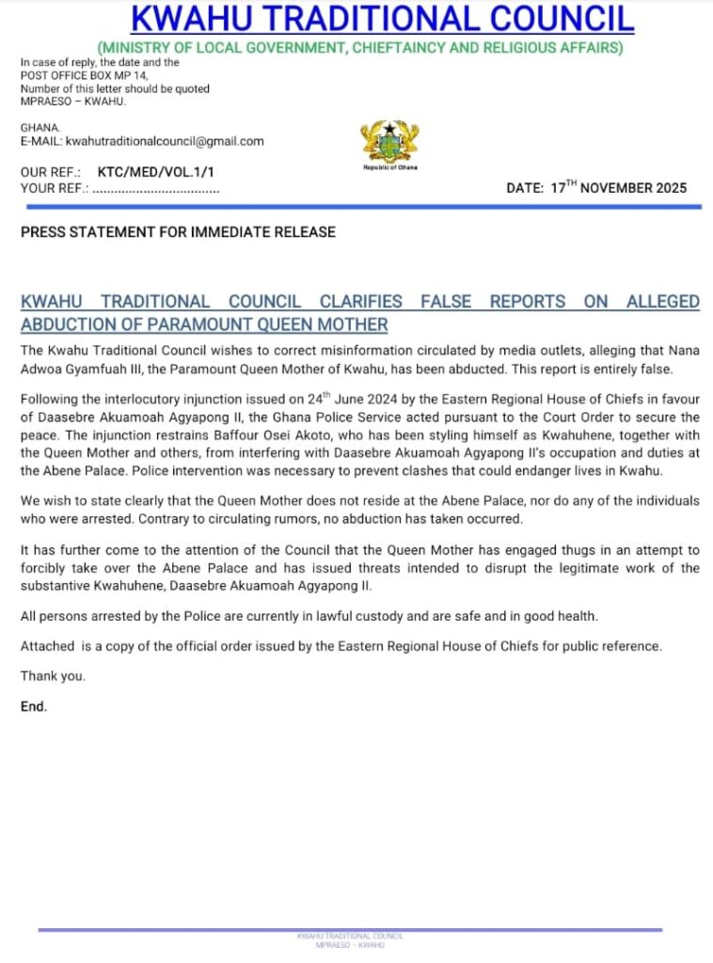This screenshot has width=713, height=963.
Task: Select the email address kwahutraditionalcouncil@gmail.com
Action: pos(165,141)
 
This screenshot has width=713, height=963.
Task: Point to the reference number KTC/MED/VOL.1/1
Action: pos(156,173)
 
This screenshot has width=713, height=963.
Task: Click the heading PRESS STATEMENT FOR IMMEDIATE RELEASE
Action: pos(178,232)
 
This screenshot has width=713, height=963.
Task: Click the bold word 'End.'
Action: pos(34,705)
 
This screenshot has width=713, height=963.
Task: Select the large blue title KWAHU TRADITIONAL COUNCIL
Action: pos(382,19)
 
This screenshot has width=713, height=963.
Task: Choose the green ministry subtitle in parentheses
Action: pos(359,48)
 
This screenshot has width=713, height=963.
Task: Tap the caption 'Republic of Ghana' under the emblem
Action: pos(390,167)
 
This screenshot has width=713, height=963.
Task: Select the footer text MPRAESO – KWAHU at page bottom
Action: pos(349,944)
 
